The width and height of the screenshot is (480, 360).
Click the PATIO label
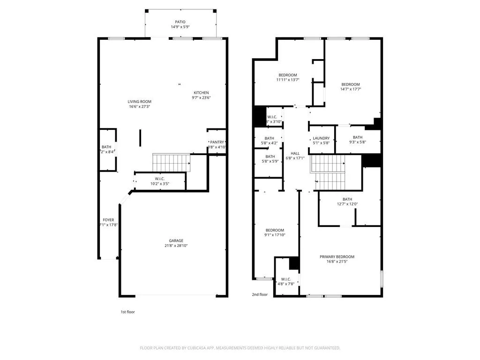pos(180,22)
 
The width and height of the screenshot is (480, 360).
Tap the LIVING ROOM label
pos(140,102)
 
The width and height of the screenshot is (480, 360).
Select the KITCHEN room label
pos(201,93)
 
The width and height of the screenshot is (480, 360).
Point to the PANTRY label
pos(217,142)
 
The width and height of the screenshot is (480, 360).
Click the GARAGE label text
pos(176,241)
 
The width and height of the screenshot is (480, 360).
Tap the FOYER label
pos(108,220)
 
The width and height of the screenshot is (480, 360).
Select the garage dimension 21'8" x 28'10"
pos(176,246)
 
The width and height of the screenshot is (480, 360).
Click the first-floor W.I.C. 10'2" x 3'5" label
pos(159,181)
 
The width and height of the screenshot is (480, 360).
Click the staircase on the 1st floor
pos(172,163)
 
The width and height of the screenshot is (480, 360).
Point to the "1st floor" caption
pos(128,312)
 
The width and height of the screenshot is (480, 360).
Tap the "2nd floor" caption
pos(260,295)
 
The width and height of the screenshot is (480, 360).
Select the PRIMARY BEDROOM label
pos(337,257)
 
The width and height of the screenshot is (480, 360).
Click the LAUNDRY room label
pos(322,138)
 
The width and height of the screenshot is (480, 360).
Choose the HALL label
pos(295,153)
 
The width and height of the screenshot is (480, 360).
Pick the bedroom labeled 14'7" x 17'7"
pos(350,87)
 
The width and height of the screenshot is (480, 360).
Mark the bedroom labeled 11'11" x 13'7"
pos(288,77)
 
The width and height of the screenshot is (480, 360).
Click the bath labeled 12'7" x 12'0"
pos(347,202)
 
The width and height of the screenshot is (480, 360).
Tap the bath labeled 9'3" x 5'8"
pos(358,140)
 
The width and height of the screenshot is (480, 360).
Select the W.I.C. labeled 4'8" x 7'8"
pos(286,281)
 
